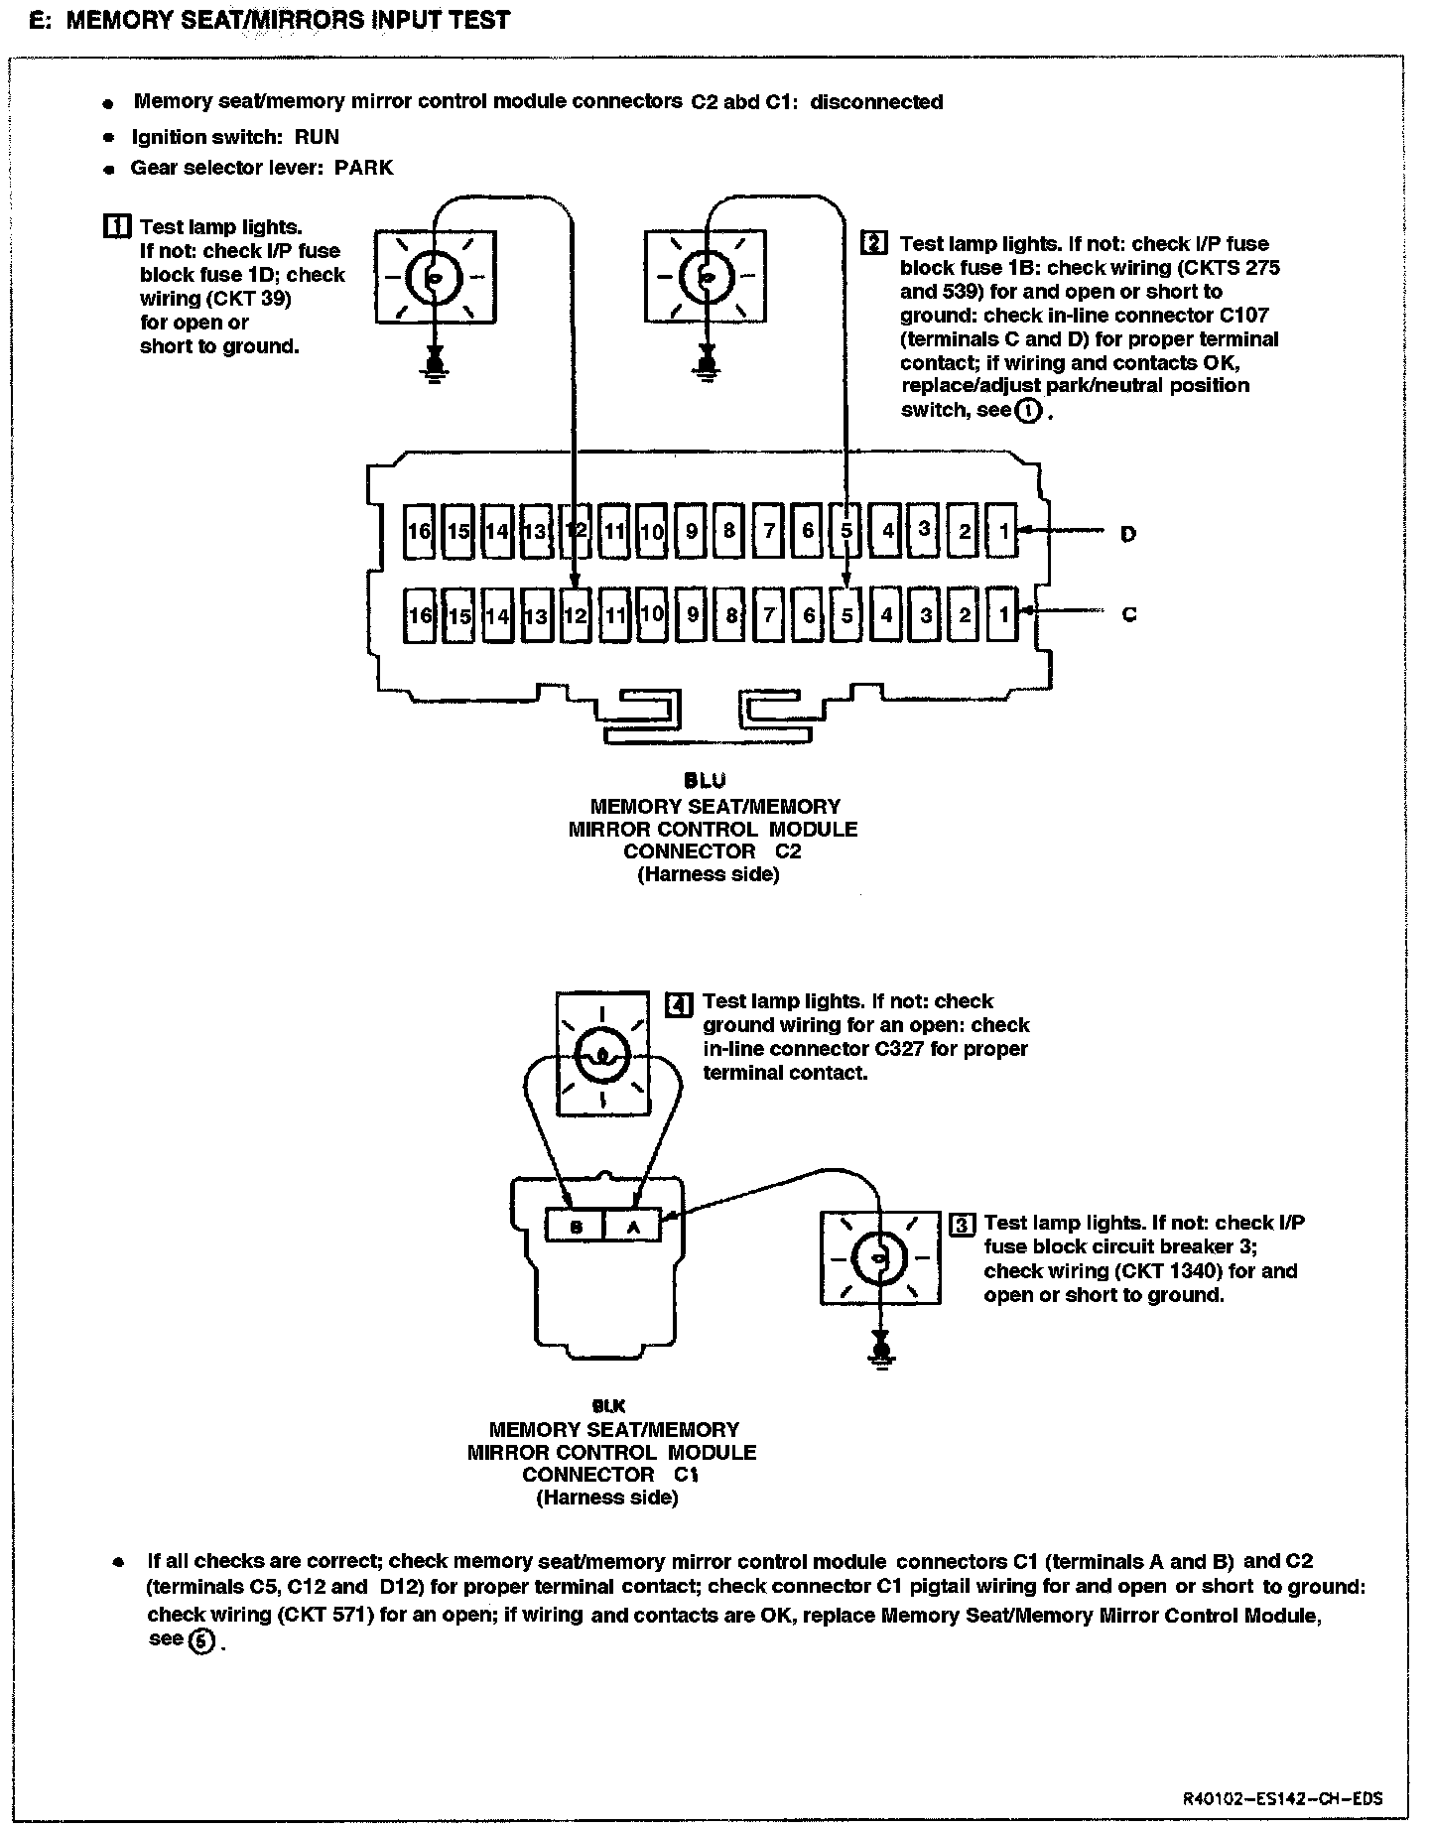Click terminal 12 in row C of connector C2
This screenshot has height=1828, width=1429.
coord(575,615)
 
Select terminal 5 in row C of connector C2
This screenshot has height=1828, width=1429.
coord(846,615)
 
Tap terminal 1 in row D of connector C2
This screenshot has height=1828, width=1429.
coord(1003,531)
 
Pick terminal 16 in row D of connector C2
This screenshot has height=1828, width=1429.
coord(420,531)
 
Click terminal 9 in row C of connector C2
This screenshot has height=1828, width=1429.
coord(692,615)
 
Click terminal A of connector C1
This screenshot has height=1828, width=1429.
coord(633,1227)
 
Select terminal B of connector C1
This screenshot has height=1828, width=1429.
coord(577,1227)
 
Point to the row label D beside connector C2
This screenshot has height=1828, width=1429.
coord(1128,534)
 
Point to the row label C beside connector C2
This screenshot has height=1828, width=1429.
coord(1128,614)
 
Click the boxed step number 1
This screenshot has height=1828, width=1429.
coord(116,226)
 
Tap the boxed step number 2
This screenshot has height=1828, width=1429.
coord(874,243)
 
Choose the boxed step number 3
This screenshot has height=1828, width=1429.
coord(962,1224)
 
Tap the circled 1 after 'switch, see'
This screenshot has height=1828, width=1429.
coord(1029,410)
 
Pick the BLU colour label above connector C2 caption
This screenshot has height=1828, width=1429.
coord(712,781)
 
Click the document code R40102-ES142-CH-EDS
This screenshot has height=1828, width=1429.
coord(1283,1798)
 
